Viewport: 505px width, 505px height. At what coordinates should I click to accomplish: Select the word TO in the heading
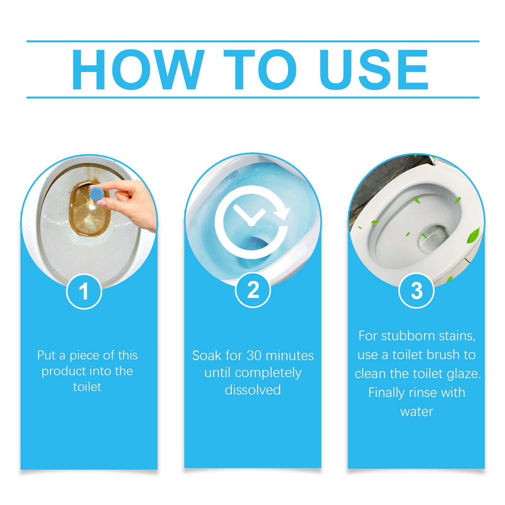pyautogui.click(x=260, y=70)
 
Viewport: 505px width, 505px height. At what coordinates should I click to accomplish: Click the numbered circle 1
pyautogui.click(x=84, y=291)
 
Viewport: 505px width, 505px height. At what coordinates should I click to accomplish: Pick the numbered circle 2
pyautogui.click(x=253, y=290)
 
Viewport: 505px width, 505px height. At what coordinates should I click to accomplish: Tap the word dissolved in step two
pyautogui.click(x=253, y=390)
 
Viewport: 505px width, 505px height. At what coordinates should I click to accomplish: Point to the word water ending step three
pyautogui.click(x=417, y=412)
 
